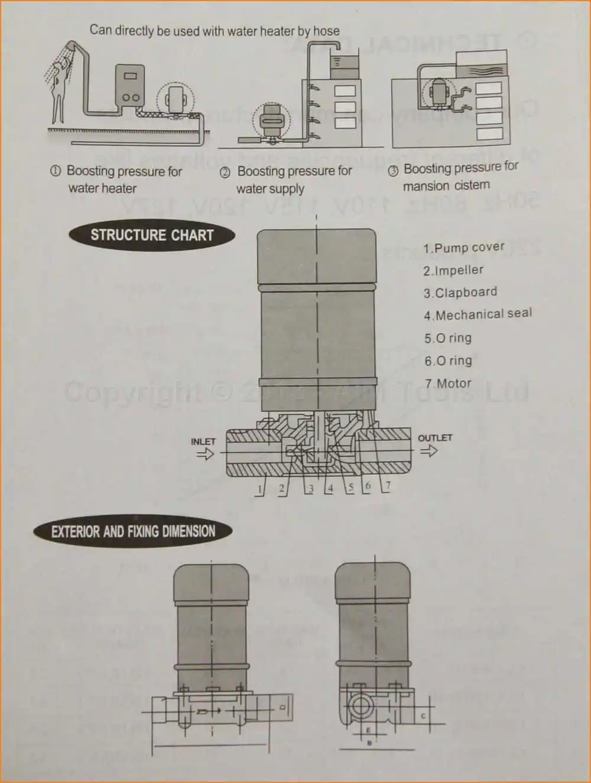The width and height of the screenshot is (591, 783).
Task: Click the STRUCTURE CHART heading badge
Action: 152,235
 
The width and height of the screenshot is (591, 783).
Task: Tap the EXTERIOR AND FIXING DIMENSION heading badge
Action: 133,531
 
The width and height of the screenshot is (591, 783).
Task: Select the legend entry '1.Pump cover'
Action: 463,247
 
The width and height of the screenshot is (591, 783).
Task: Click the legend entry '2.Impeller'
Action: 453,270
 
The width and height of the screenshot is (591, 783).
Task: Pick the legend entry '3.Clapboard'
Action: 460,292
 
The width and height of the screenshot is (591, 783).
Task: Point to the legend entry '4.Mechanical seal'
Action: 478,314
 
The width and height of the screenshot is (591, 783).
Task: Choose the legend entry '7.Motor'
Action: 448,384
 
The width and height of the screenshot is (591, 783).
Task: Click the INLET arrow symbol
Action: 204,455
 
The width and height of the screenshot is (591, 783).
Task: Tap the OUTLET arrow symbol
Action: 428,451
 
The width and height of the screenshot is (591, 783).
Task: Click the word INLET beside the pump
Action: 203,442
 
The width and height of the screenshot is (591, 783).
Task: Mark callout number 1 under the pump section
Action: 259,489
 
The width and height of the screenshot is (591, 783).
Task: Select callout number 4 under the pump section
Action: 330,488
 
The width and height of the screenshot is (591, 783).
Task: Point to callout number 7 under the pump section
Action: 388,486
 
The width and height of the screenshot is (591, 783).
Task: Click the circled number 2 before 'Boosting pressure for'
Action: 225,172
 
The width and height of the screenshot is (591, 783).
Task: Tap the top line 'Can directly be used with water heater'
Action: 215,30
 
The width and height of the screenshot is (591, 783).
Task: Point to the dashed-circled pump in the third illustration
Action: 439,94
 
